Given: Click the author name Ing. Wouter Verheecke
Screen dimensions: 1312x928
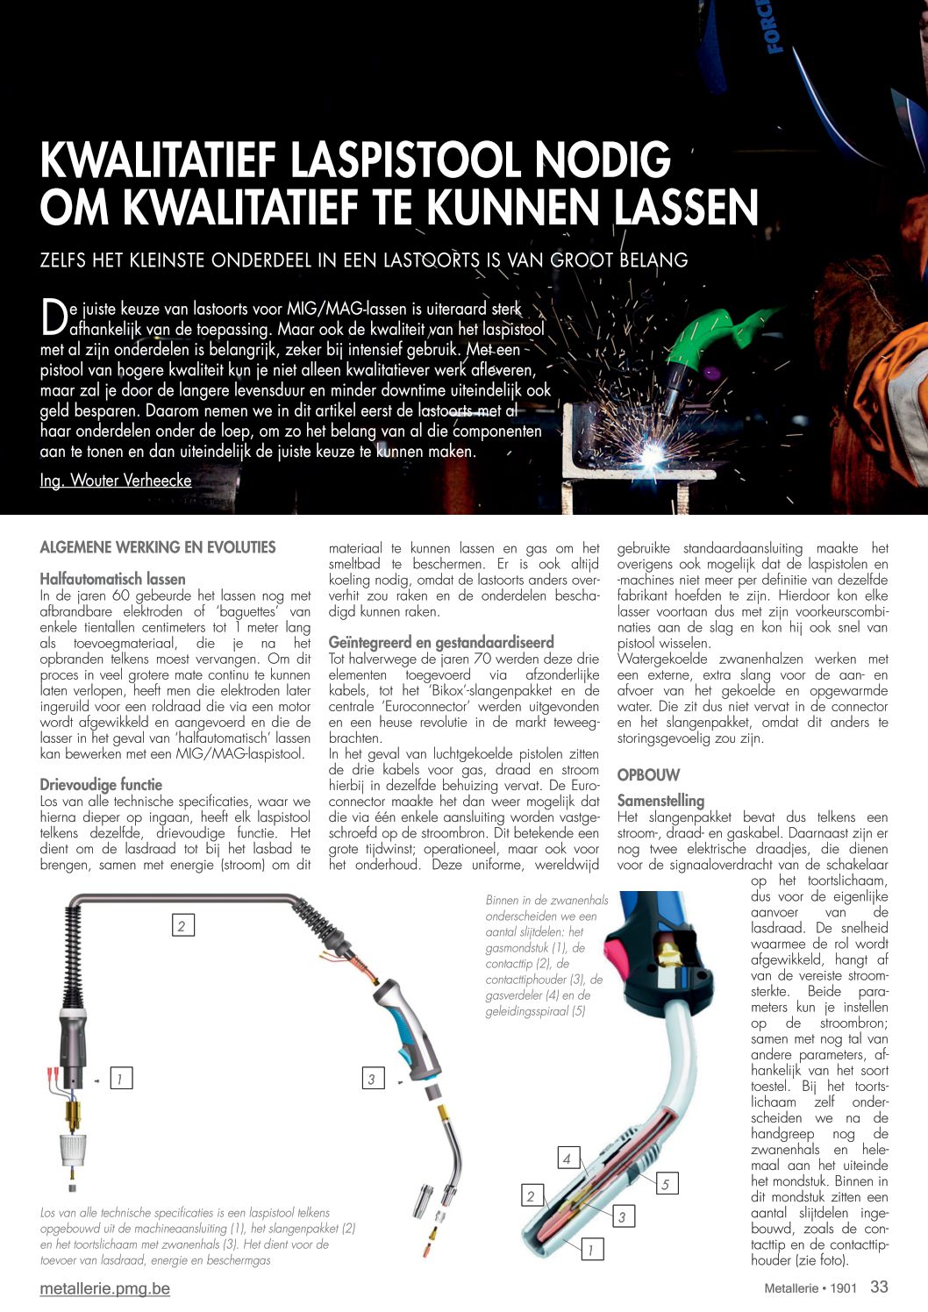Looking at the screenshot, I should [116, 481].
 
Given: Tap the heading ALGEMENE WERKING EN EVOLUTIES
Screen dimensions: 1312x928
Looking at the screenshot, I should [158, 547].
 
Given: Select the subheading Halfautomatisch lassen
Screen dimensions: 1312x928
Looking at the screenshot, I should [112, 579].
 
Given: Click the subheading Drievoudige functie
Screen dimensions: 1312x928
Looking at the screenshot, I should [101, 785].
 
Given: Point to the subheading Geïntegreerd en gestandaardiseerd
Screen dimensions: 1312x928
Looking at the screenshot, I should [441, 642].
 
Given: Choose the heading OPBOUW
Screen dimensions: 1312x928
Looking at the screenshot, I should [648, 775].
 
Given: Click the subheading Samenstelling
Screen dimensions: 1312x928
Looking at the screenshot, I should [660, 801].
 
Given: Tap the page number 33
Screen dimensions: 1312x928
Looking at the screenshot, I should [879, 1287].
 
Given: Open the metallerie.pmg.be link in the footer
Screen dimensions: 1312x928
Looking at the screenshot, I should [104, 1288].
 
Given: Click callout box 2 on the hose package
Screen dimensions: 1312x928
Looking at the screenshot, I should [182, 925].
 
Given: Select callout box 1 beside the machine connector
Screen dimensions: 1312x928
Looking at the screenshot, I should [120, 1079].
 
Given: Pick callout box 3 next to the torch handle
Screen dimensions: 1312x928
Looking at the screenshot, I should [372, 1079].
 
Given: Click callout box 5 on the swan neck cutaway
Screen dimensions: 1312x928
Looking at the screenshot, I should [666, 1184].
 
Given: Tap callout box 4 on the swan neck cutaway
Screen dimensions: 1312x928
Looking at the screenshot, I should [568, 1158].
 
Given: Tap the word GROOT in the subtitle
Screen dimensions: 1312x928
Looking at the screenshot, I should [583, 260].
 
